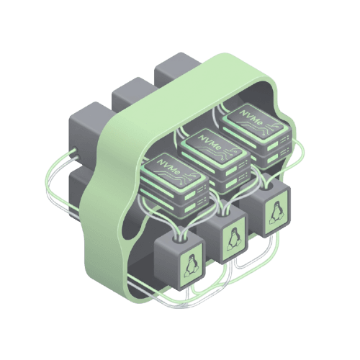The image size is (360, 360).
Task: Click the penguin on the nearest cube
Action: pyautogui.click(x=191, y=267)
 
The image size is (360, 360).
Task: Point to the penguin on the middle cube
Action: pyautogui.click(x=233, y=240)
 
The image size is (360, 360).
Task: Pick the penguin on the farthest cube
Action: pyautogui.click(x=275, y=212)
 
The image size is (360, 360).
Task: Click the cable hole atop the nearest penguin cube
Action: pyautogui.click(x=181, y=239)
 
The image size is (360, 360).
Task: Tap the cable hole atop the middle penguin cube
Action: pyautogui.click(x=224, y=212)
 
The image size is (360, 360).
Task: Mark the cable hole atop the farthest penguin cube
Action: pyautogui.click(x=266, y=185)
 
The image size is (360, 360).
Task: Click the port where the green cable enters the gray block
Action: pyautogui.click(x=75, y=150)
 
